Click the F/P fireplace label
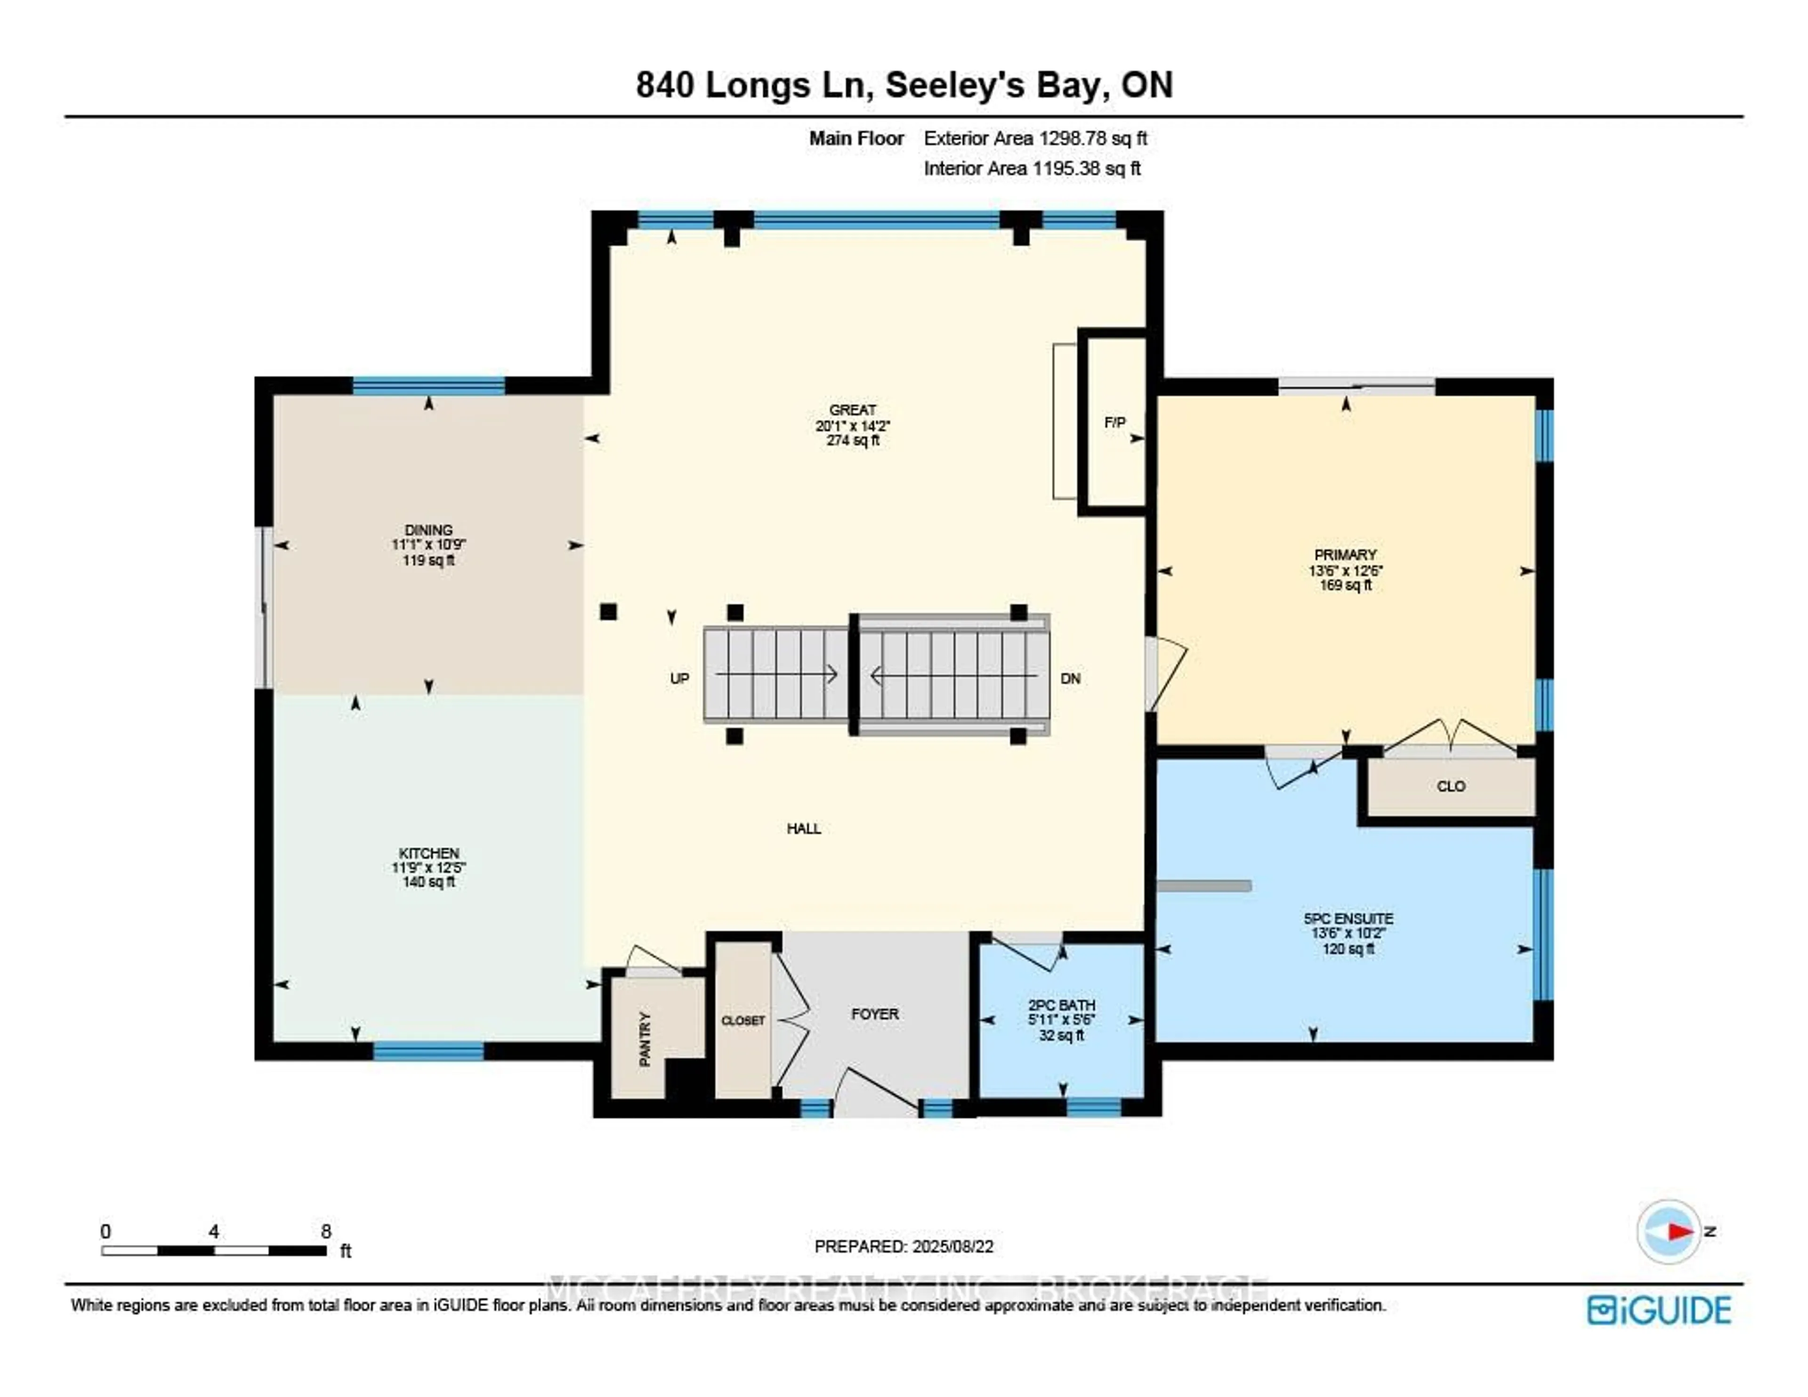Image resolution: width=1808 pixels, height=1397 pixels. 1114,422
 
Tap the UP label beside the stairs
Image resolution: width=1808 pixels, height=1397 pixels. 679,678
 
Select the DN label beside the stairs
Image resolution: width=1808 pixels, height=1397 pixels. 1070,678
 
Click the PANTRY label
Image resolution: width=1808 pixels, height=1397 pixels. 645,1039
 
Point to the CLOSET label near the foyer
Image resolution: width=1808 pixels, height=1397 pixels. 743,1020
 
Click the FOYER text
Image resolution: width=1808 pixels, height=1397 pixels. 874,1014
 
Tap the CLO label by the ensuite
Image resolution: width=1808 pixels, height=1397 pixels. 1450,786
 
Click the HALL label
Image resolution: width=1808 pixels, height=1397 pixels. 803,828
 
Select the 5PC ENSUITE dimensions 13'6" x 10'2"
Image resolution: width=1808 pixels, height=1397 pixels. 1347,933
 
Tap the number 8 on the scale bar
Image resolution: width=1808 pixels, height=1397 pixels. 326,1231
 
